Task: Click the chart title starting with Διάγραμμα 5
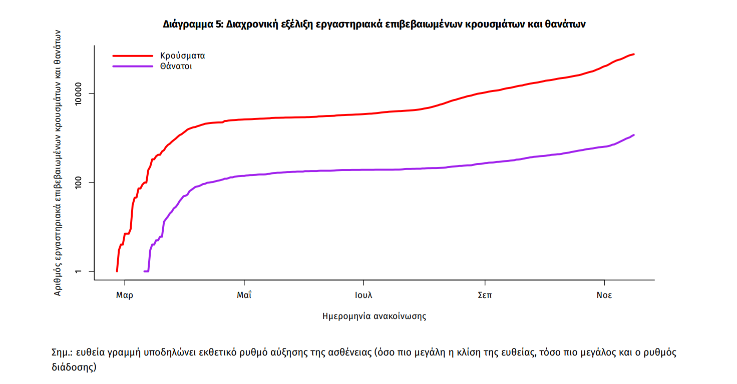pos(374,24)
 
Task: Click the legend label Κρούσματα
pos(183,55)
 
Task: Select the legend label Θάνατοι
pos(176,66)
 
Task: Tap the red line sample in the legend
pos(132,55)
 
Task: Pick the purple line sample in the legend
pos(132,66)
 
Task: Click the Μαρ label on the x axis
pos(124,295)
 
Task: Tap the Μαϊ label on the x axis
pos(244,295)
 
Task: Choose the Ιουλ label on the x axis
pos(363,295)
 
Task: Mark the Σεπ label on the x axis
pos(485,295)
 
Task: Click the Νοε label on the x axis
pos(604,295)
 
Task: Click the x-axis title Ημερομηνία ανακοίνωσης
pos(374,316)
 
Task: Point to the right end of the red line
pos(634,54)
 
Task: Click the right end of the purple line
pos(634,135)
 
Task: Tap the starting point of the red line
pos(117,271)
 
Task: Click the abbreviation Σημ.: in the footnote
pos(63,352)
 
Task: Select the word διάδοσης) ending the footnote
pos(74,367)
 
